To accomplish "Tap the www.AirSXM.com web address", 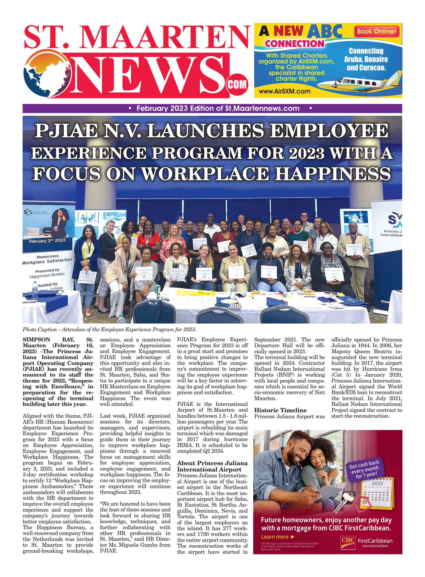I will [x=284, y=91].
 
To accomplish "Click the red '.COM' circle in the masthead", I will [x=236, y=84].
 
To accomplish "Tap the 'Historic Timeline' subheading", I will [x=280, y=410].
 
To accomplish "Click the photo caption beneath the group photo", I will [x=109, y=329].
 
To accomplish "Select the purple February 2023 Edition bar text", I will [x=218, y=108].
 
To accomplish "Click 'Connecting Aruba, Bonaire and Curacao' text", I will [x=366, y=59].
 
